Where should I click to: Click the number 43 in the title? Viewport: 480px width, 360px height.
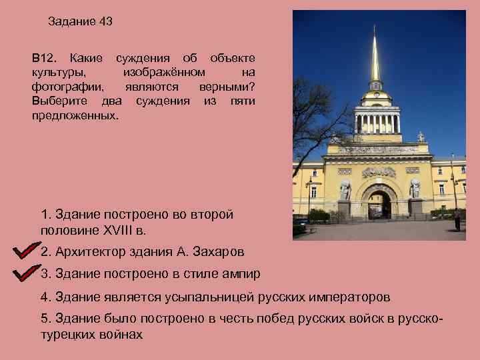[105, 21]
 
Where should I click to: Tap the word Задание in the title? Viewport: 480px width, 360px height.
[72, 21]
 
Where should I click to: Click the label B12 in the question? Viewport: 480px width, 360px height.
[45, 59]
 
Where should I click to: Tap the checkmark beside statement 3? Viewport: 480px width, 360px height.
[26, 273]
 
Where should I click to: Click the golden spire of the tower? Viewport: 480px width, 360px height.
[375, 60]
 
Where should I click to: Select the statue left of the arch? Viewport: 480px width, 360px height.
[345, 190]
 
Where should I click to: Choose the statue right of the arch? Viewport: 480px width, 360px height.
[415, 189]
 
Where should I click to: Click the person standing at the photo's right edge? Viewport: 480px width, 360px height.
[458, 222]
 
